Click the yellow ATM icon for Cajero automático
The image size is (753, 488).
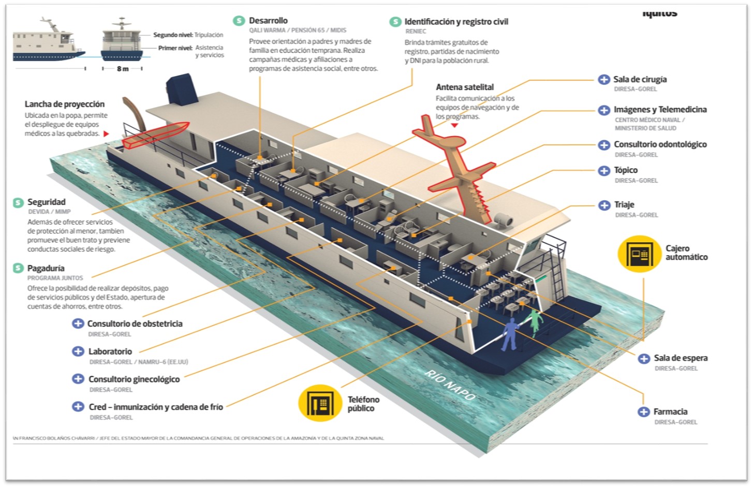point(639,254)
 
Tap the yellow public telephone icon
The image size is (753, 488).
point(320,403)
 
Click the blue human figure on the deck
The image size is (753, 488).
point(510,334)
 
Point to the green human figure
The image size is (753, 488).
point(535,321)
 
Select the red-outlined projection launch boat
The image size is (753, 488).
point(156,135)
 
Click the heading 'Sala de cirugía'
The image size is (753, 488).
point(640,79)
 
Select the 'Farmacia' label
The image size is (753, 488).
point(670,411)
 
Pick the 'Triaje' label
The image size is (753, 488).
point(624,204)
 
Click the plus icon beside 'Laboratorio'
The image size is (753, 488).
point(78,351)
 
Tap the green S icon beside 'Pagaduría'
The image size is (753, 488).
point(18,268)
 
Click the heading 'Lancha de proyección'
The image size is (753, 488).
point(65,104)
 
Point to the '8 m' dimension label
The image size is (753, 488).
point(123,69)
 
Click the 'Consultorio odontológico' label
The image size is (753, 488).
point(660,144)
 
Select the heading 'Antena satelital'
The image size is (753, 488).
point(465,87)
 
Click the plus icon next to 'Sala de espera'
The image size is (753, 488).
point(644,358)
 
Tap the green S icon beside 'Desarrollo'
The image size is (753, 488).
point(239,21)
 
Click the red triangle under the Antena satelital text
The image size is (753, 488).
point(454,125)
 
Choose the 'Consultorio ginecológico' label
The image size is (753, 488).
point(134,379)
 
